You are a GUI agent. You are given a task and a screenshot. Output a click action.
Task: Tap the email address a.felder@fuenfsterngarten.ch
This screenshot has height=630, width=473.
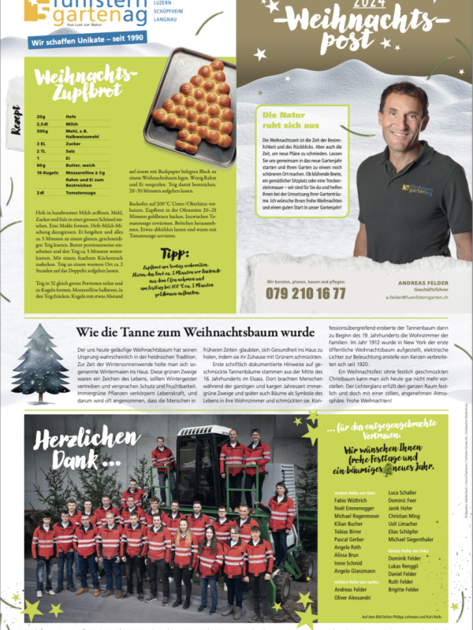tap(417, 298)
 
